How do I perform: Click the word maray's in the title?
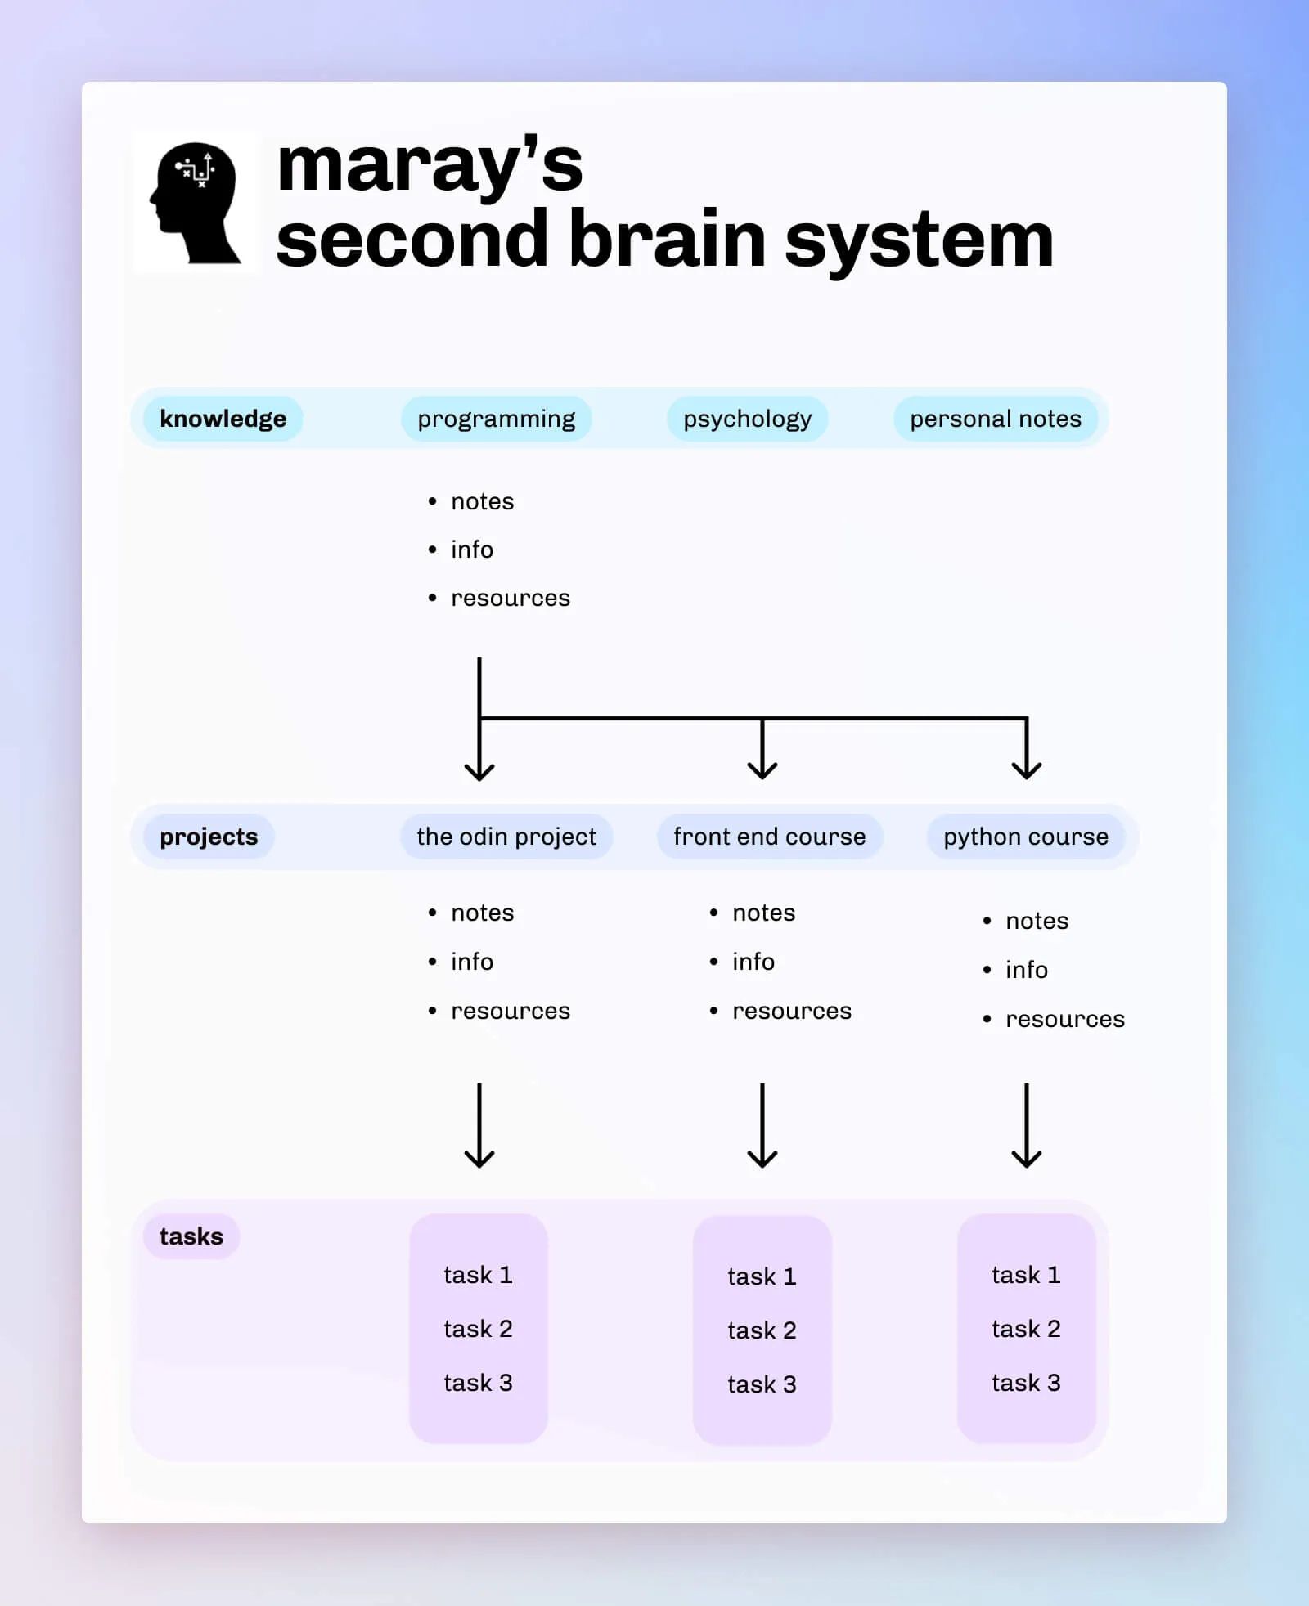430,166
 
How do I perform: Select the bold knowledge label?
223,419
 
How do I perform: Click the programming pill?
496,419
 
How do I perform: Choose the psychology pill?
747,419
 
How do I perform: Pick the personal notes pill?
995,419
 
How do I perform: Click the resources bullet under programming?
510,598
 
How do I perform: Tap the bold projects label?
209,837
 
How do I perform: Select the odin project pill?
506,837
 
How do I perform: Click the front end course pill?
769,837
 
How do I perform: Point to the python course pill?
1025,837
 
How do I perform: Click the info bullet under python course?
1026,970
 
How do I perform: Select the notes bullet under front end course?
763,913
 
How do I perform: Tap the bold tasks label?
191,1236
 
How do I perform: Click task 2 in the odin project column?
478,1329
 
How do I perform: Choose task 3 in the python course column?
1026,1383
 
